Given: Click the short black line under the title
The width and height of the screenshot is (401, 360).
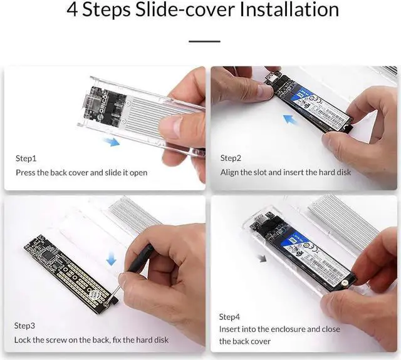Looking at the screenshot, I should click(x=204, y=41).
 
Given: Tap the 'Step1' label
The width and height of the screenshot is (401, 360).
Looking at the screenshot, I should click(x=26, y=158).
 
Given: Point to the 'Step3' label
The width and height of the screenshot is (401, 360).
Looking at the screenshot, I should click(x=24, y=326).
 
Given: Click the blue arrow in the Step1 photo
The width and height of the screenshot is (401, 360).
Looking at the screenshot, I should click(x=112, y=143).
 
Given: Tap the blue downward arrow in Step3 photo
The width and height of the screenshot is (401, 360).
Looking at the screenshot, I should click(x=111, y=257).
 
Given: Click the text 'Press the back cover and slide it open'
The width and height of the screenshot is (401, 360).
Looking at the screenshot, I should click(x=81, y=172).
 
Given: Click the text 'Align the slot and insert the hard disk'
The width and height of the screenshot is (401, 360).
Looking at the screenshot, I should click(x=286, y=172).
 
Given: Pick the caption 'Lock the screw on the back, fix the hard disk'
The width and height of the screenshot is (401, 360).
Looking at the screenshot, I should click(x=91, y=339).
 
